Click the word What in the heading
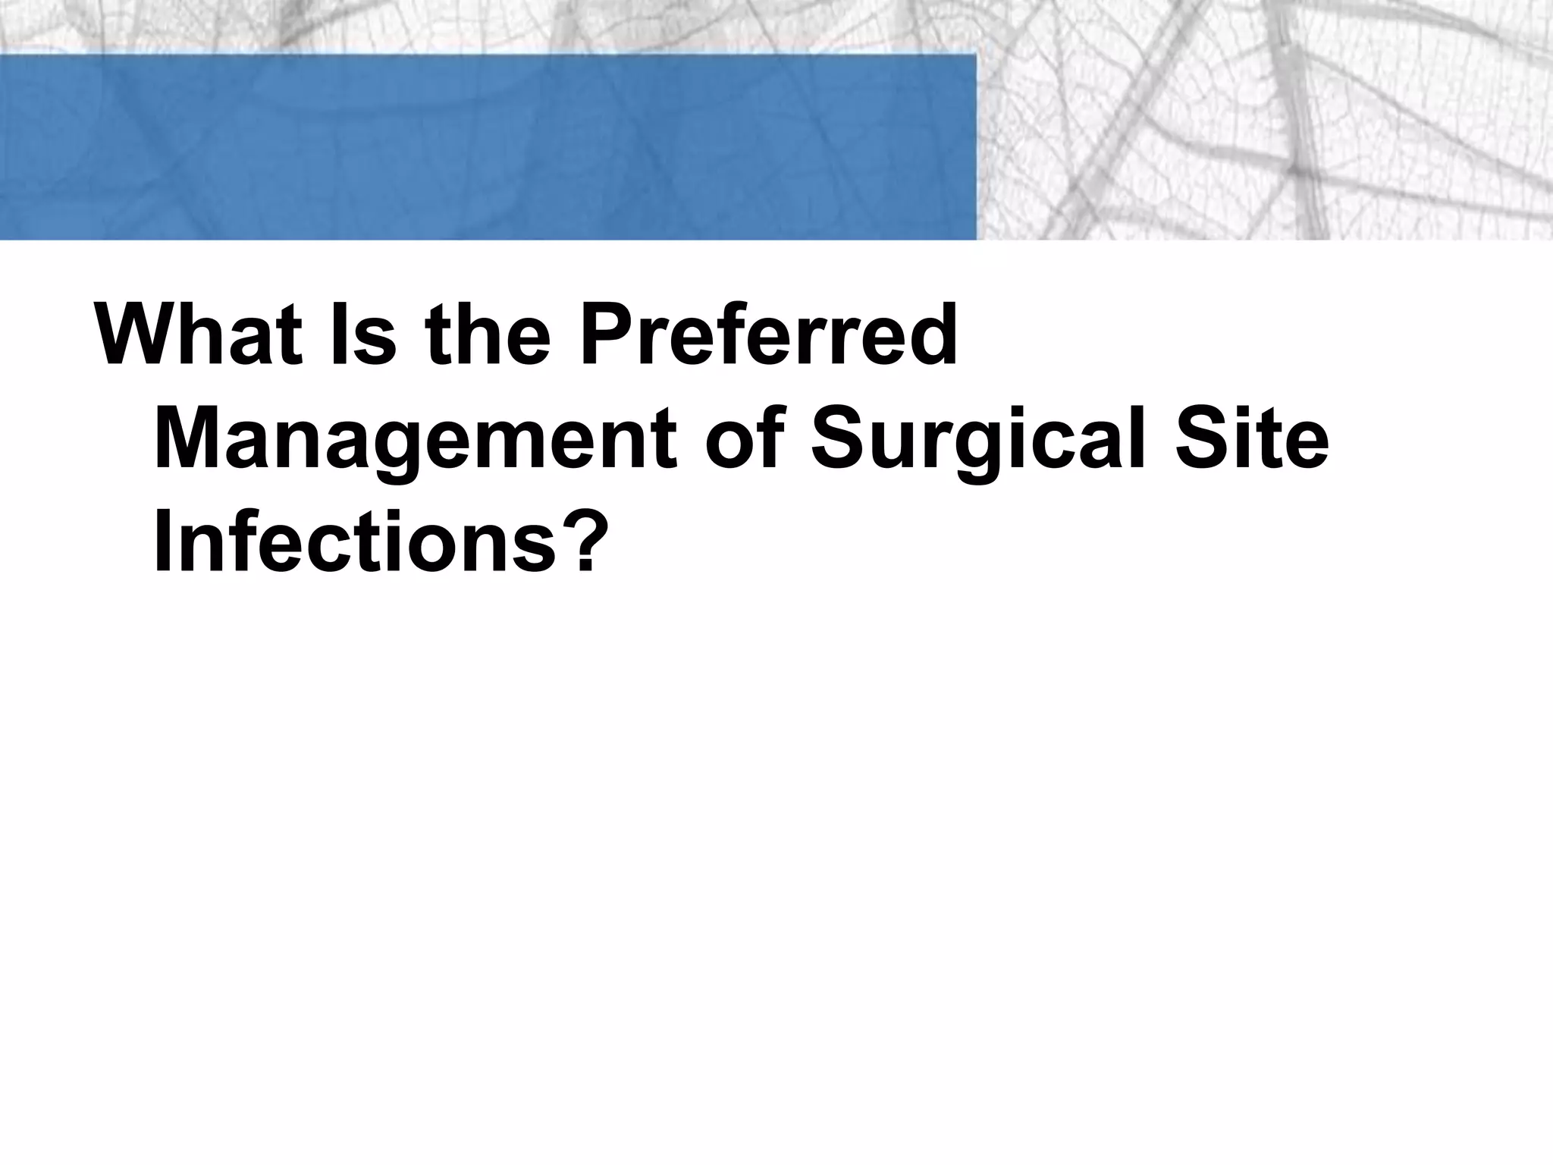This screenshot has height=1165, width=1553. click(199, 334)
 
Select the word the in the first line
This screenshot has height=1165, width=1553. click(488, 334)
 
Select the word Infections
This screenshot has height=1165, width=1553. click(356, 543)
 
